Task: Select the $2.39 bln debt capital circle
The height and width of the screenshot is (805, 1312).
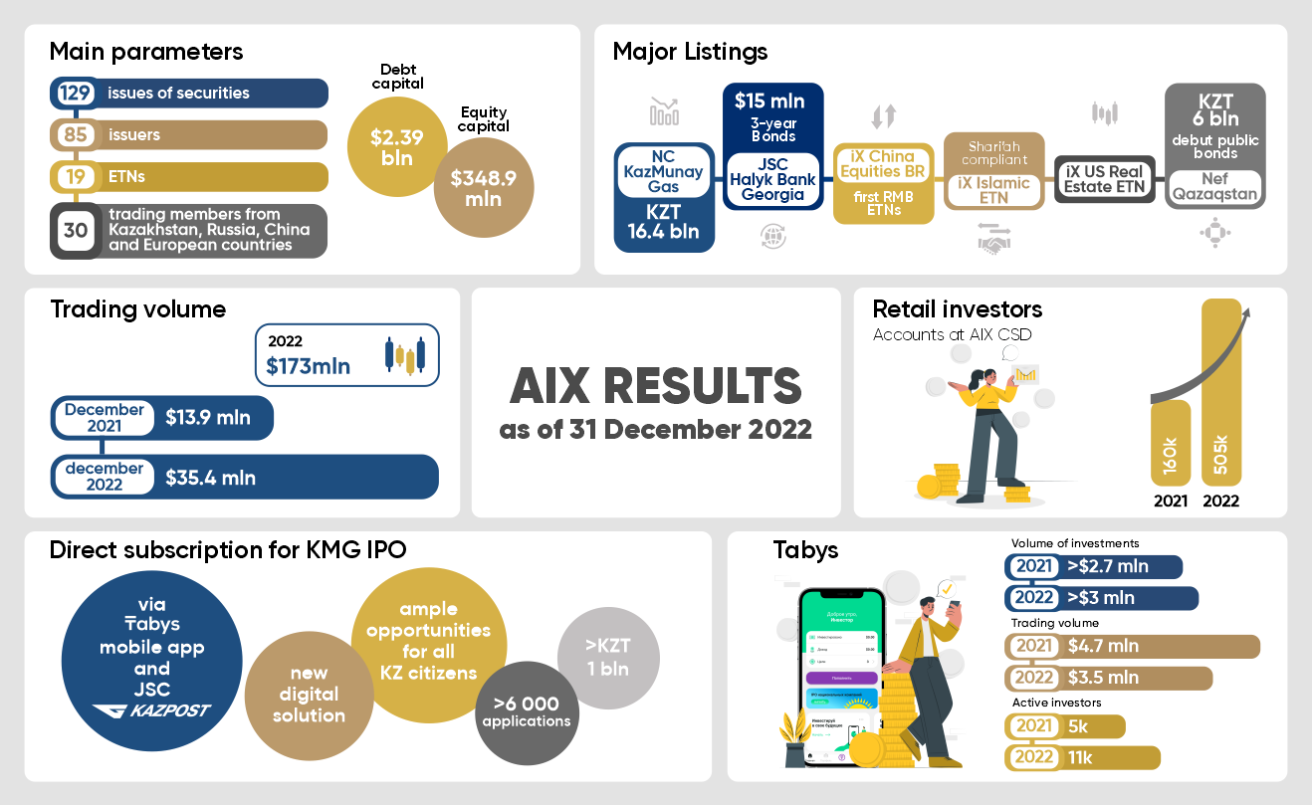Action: [x=396, y=147]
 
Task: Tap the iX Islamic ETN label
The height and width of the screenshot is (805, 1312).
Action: [x=993, y=190]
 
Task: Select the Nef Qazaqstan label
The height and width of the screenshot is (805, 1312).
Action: [x=1214, y=187]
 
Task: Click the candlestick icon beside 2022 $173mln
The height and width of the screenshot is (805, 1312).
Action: [x=405, y=355]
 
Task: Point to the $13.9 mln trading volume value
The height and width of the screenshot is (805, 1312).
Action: [x=210, y=418]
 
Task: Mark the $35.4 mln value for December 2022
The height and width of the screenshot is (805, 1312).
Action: [x=210, y=478]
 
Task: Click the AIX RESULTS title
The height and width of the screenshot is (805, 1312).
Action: [x=655, y=387]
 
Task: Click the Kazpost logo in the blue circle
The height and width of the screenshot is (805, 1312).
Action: [x=151, y=710]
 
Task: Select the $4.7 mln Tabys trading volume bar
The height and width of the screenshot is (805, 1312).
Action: [x=1134, y=646]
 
